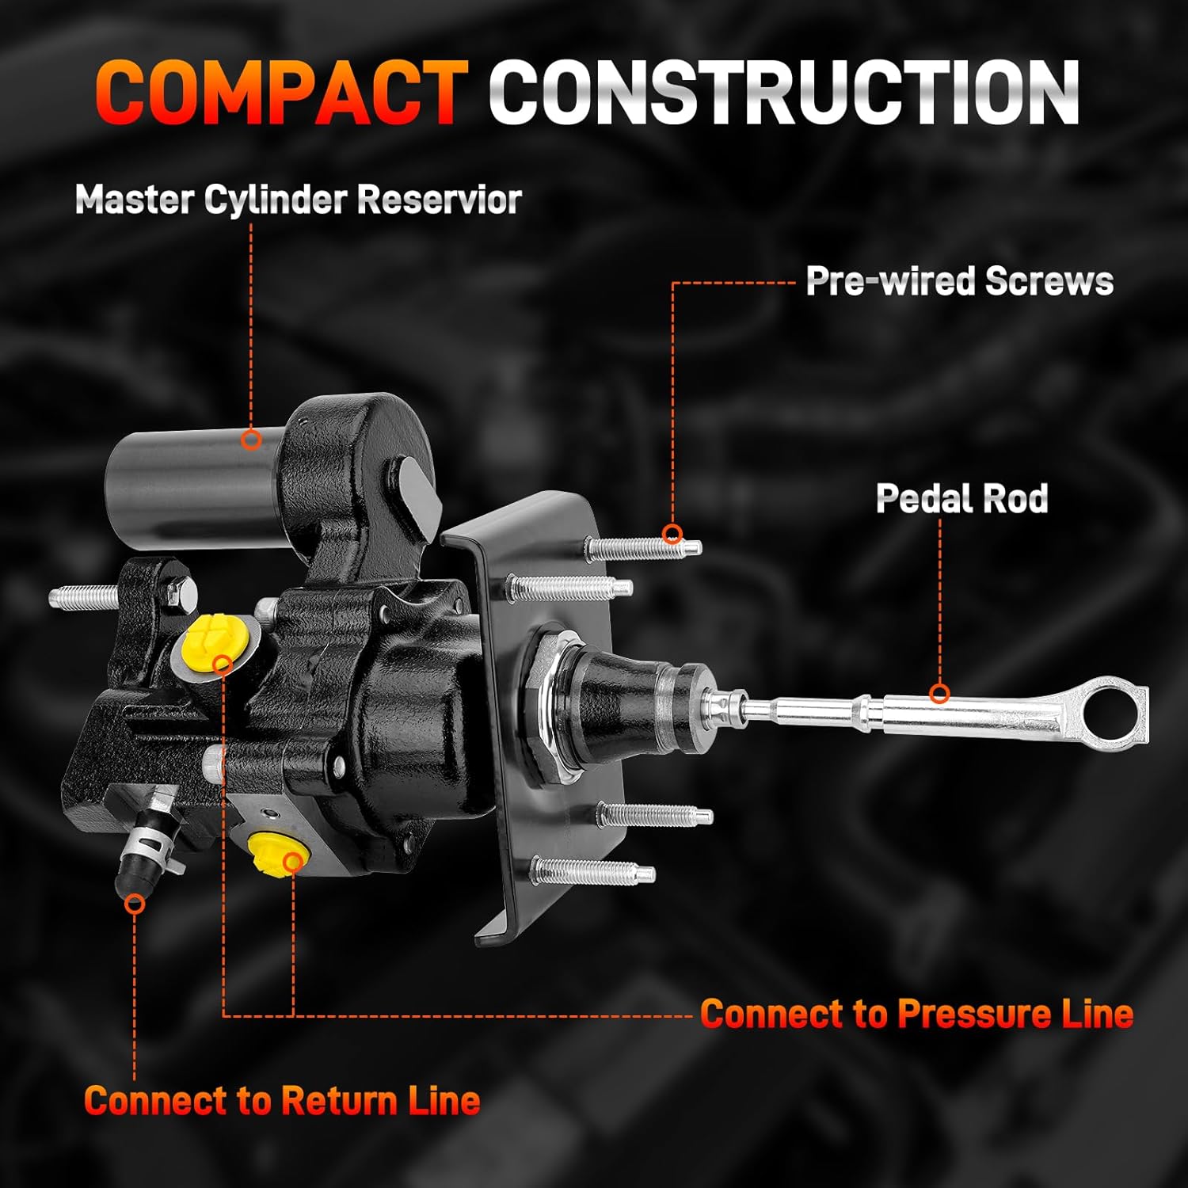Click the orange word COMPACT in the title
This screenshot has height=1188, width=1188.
[x=281, y=93]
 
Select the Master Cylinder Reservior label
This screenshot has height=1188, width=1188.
[x=298, y=200]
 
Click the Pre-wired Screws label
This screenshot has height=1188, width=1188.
[x=958, y=281]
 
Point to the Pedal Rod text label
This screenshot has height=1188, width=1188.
[x=961, y=498]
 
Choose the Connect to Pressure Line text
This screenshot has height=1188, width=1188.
[x=916, y=1014]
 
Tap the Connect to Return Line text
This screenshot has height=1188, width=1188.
[x=281, y=1101]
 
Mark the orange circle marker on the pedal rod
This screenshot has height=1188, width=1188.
[x=939, y=694]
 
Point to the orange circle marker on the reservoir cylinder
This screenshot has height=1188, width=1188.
[x=252, y=439]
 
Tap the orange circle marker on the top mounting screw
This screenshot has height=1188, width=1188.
[x=672, y=534]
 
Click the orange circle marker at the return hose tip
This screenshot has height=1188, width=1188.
[x=135, y=903]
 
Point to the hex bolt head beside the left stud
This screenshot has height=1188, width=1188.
[x=181, y=587]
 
